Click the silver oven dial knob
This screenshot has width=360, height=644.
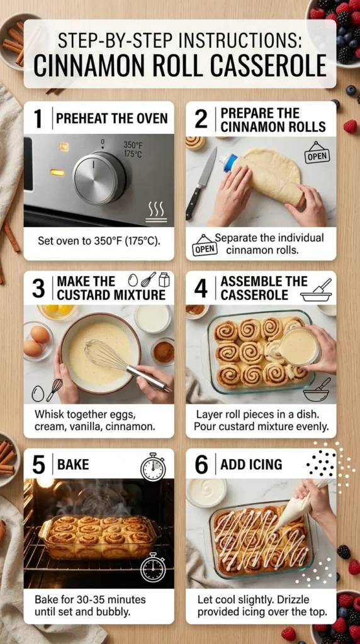click(99, 178)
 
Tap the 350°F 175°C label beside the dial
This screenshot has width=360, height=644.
click(133, 148)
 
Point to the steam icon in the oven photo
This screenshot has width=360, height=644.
click(156, 211)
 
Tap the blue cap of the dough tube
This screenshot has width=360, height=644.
click(228, 163)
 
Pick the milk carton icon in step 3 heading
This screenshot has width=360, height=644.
click(164, 279)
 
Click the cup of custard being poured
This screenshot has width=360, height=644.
click(300, 347)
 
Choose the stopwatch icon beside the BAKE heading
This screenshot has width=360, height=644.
click(152, 467)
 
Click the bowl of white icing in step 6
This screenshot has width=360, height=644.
click(206, 492)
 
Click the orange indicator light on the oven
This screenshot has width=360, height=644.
click(57, 172)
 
